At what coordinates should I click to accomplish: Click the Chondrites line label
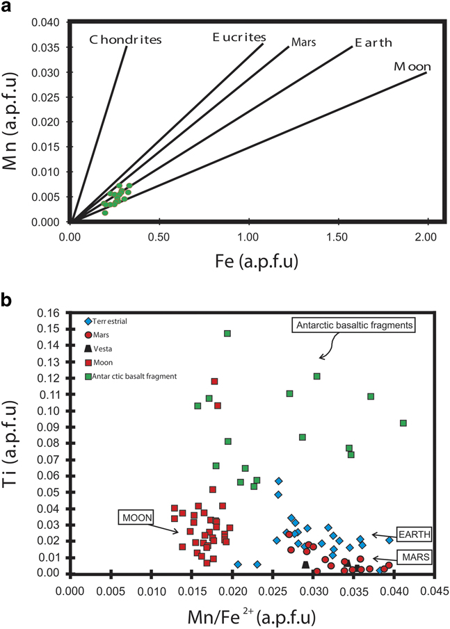pos(126,40)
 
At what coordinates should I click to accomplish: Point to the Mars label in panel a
pos(303,42)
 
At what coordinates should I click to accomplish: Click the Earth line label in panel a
pos(373,43)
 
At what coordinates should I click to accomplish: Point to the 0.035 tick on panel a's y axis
pos(49,47)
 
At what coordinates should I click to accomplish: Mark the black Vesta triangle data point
pos(305,564)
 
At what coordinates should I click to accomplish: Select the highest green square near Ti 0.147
pos(227,334)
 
